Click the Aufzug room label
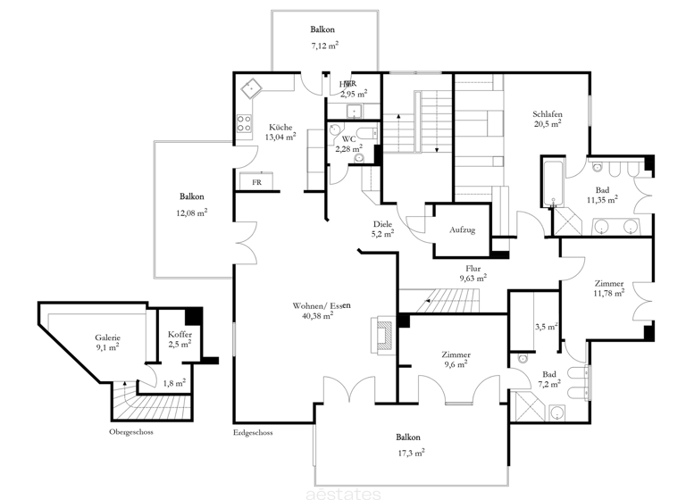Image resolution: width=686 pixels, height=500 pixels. coord(463,230)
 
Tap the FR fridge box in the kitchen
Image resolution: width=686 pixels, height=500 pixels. coord(256,182)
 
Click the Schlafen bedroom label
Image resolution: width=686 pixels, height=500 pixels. coord(548,113)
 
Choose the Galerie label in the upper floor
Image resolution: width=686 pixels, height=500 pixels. coord(108,337)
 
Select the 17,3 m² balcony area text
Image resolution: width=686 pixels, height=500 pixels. coord(411,453)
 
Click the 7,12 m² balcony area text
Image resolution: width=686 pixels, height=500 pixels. coord(324,46)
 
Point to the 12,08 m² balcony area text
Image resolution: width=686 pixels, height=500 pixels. coord(192,212)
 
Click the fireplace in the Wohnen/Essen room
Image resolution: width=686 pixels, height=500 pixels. coord(382,336)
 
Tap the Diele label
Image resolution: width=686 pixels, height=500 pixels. coord(384,224)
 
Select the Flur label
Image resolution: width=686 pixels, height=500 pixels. coord(473,268)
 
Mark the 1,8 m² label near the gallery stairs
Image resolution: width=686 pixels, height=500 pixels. coord(174,383)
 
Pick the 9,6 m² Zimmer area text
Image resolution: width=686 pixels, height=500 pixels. coord(455,365)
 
